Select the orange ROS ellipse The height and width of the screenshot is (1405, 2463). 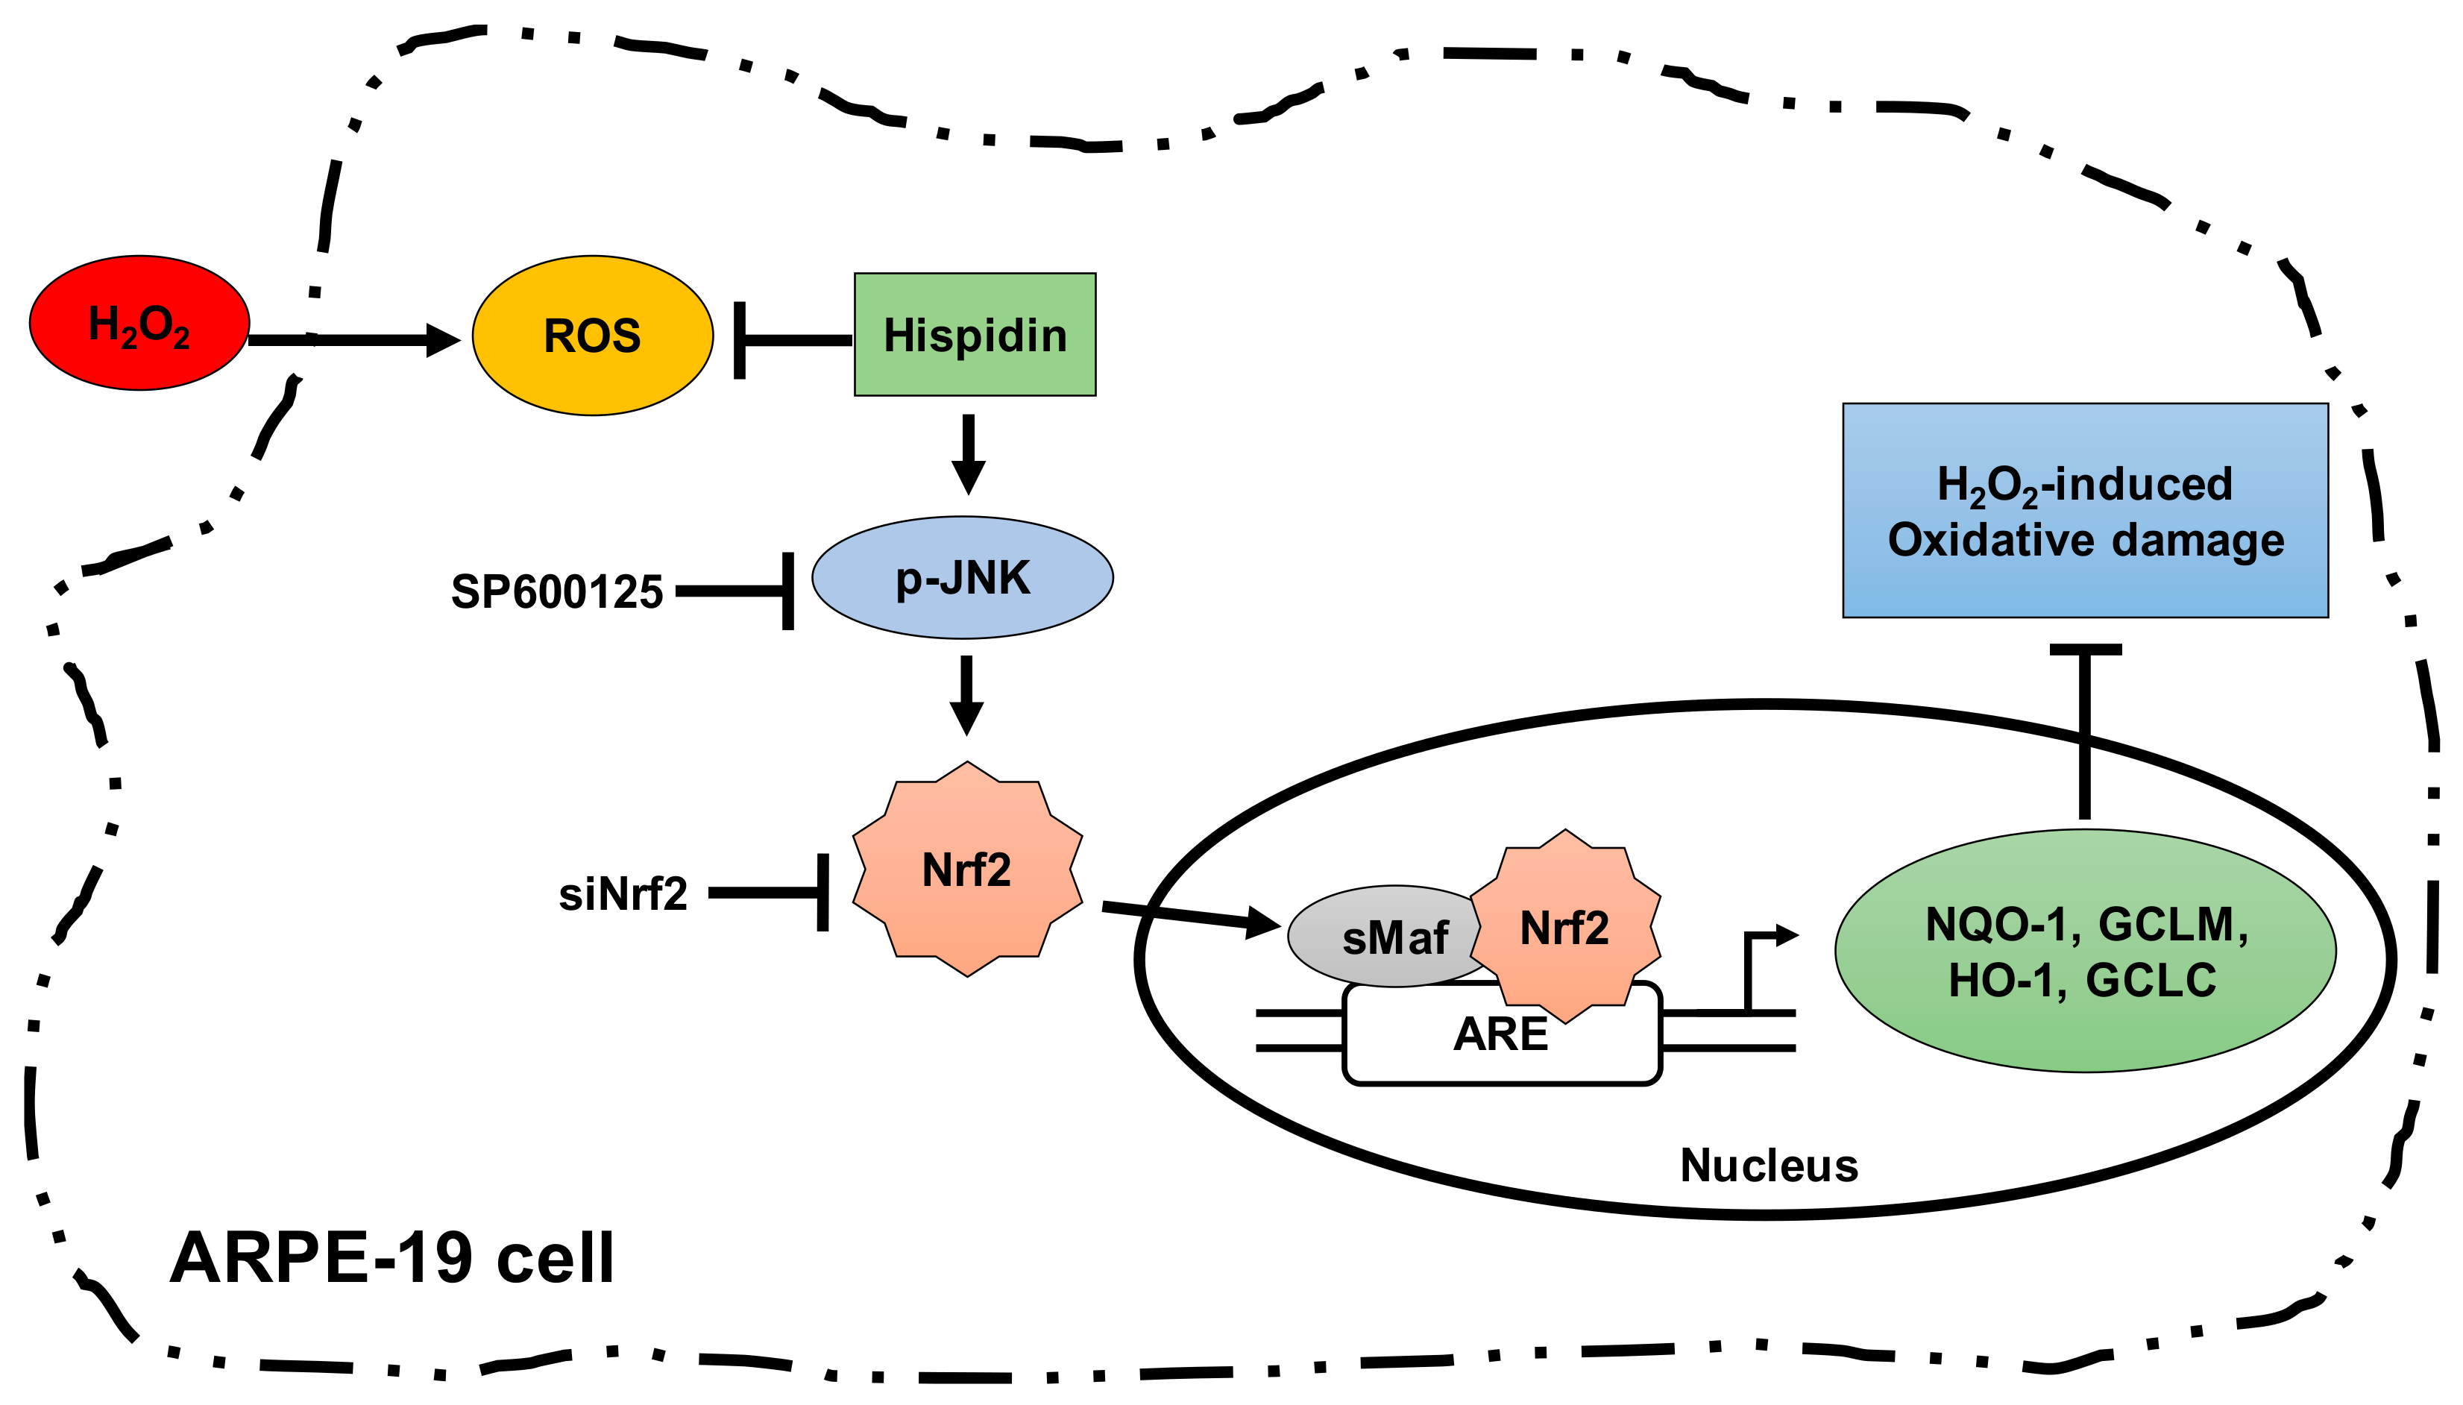(x=592, y=336)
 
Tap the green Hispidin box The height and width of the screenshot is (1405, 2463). (x=975, y=335)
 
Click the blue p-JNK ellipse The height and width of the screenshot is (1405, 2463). (x=962, y=577)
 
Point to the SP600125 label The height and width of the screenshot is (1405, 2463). (x=557, y=591)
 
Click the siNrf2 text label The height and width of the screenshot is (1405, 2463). (x=622, y=893)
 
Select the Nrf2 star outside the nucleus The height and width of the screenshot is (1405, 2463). (x=966, y=870)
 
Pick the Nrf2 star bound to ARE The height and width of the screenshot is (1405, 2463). (x=1564, y=926)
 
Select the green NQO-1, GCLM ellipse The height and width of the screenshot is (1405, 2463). (x=2085, y=951)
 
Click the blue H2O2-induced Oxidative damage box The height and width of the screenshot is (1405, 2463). (x=2085, y=511)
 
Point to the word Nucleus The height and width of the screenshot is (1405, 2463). (x=1768, y=1165)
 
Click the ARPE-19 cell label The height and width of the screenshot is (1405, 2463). (x=391, y=1257)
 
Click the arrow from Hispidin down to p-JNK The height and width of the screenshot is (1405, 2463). (x=968, y=453)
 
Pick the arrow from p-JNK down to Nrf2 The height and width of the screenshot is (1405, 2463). (x=966, y=695)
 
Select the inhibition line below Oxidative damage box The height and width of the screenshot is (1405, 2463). (x=2085, y=733)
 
